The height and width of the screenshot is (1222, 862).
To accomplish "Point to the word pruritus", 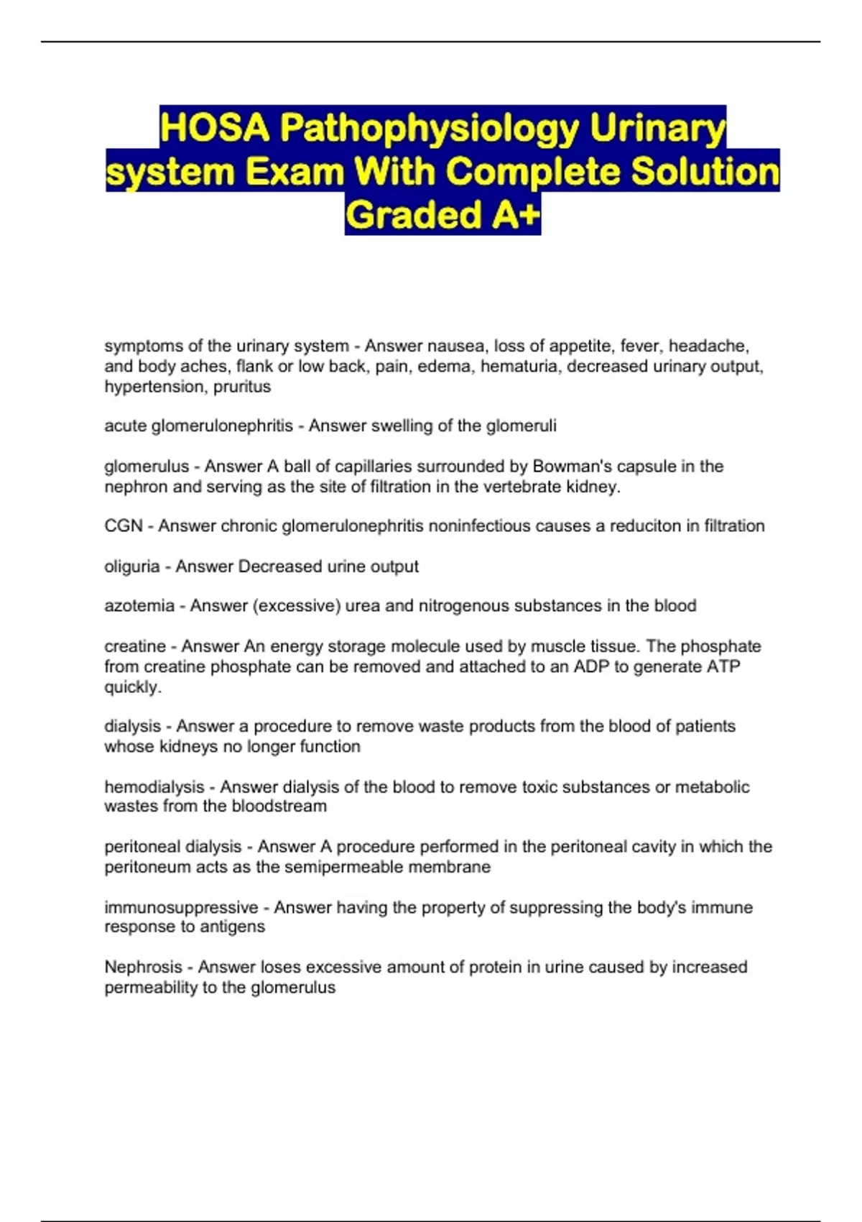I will point(242,387).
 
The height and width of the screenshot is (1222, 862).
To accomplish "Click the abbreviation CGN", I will point(124,526).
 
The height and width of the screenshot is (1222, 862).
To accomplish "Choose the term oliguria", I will point(132,566).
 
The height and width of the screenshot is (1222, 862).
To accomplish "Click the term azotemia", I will point(139,606).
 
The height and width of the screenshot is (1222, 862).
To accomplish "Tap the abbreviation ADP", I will point(588,666).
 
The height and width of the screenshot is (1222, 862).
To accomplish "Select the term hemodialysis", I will point(154,787).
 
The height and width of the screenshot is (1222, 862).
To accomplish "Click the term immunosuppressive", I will point(181,908).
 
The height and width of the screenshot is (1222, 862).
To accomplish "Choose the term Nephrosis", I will point(143,968).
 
